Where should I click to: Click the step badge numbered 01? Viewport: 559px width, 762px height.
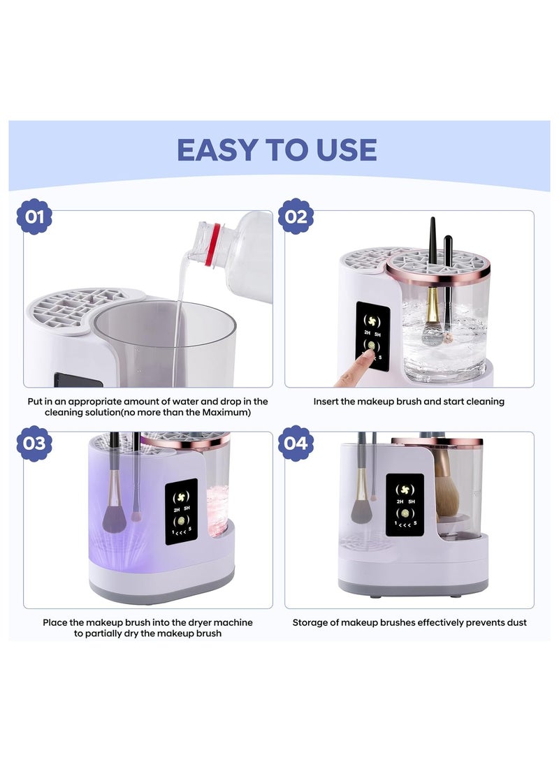(34, 217)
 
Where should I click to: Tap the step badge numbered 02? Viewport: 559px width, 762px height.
(296, 217)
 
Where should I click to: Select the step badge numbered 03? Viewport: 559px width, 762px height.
(34, 444)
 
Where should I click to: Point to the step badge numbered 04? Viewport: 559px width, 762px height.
(296, 444)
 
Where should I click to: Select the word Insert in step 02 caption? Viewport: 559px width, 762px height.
(327, 402)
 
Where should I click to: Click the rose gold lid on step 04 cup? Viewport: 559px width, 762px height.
(436, 442)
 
